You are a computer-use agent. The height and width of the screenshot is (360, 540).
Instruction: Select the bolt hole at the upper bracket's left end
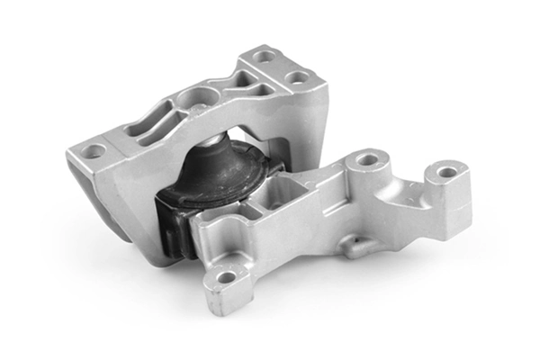coord(93,151)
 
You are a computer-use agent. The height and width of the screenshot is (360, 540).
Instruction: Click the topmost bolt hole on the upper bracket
coord(265,56)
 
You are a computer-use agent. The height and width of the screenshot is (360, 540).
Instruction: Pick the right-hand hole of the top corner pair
coord(297,77)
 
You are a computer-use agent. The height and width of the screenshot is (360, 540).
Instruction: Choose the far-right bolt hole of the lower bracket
coord(446,171)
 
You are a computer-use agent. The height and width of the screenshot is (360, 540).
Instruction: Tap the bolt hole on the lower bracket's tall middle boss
coord(366,160)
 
